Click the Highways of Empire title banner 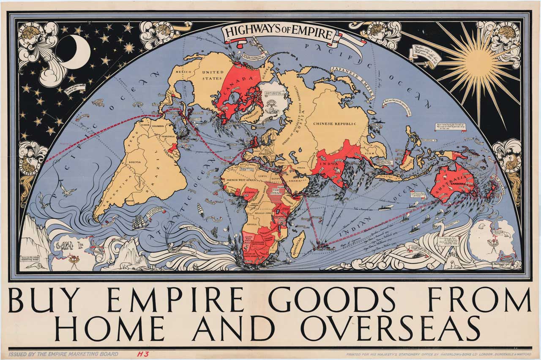279,33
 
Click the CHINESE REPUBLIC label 339,123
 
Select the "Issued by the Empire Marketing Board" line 63,354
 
